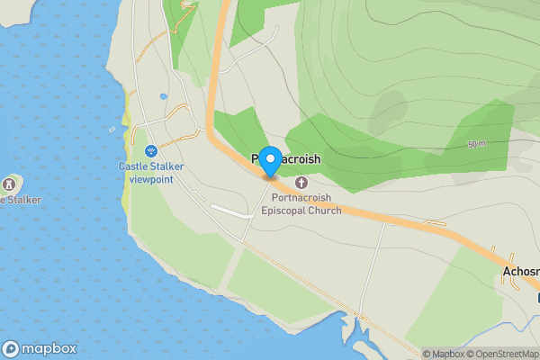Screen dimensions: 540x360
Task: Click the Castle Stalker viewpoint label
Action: click(151, 172)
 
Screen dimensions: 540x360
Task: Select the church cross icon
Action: click(301, 184)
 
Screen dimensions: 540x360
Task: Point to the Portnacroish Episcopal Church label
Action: click(301, 204)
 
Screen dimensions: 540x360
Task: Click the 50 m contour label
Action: click(476, 144)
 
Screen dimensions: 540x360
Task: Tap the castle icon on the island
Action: click(11, 184)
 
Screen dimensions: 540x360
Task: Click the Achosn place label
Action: click(520, 272)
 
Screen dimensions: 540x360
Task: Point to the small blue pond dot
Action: click(163, 96)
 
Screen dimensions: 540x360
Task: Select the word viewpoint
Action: click(151, 178)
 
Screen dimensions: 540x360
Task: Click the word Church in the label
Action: click(324, 211)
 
